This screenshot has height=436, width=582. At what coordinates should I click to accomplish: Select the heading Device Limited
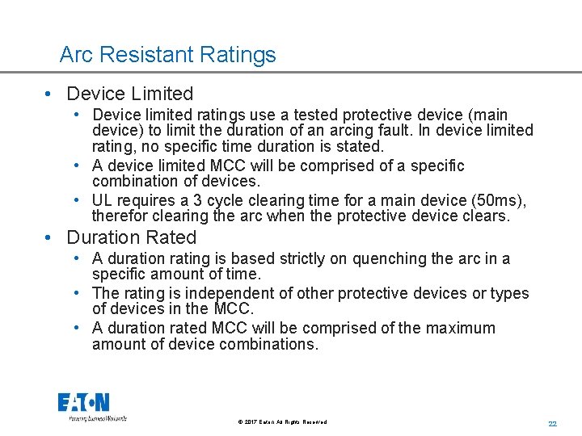point(130,94)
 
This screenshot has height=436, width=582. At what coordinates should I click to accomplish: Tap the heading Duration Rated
point(132,237)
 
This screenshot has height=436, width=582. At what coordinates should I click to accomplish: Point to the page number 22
point(553,423)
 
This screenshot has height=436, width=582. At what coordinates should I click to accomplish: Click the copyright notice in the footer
point(282,422)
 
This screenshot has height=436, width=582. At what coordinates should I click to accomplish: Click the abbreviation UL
point(103,200)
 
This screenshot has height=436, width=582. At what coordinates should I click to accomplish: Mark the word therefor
point(120,216)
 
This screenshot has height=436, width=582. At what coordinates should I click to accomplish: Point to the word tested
point(289,115)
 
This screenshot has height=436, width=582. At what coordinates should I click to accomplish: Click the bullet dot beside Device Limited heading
point(50,94)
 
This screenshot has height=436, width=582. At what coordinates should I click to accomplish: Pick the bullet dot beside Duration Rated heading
point(50,237)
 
